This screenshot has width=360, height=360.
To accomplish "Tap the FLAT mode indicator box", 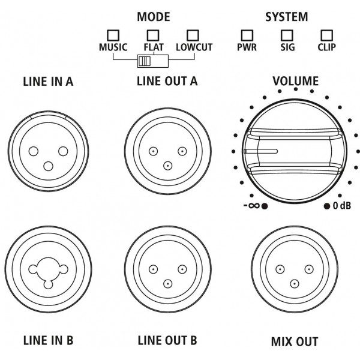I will [x=153, y=35].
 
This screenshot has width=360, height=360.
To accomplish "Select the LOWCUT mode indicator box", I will [x=193, y=35].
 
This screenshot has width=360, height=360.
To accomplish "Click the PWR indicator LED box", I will [x=246, y=35].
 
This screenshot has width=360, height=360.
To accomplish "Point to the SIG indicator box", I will [x=287, y=35].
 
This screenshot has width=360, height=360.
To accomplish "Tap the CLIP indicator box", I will [x=326, y=35].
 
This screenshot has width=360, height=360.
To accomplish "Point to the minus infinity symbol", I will [x=251, y=206].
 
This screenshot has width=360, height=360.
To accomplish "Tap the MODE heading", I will [x=153, y=16].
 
